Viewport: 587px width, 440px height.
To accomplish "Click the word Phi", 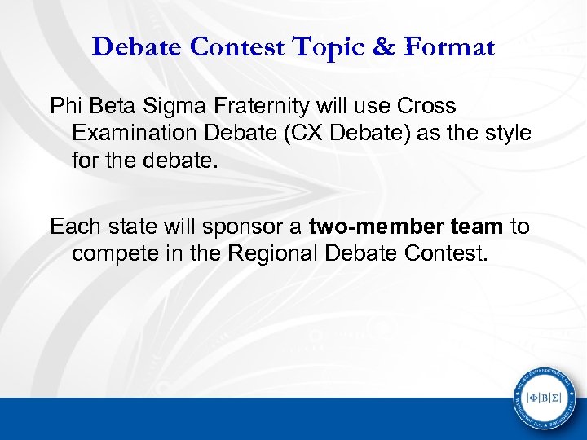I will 65,106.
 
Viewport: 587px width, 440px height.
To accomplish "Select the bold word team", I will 474,227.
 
